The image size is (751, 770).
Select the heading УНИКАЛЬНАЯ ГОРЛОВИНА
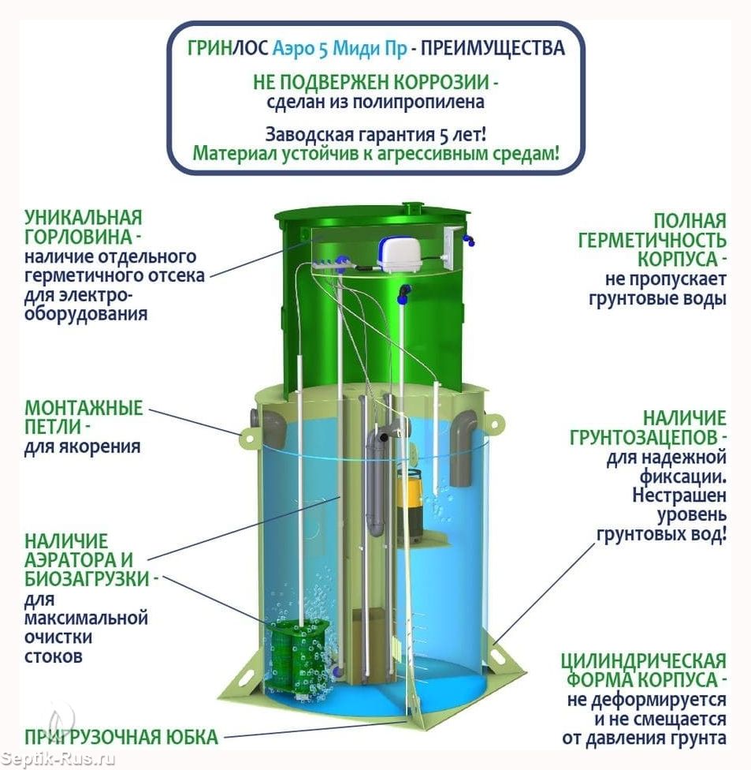(x=84, y=227)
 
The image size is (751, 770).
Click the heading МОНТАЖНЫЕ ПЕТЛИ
(x=84, y=417)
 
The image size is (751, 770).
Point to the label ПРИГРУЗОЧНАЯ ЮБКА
(x=121, y=737)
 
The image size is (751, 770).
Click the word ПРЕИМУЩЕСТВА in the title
(x=493, y=48)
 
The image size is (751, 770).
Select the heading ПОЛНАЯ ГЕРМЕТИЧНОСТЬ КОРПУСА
(x=652, y=240)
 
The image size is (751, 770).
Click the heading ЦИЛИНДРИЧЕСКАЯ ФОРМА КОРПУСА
(x=644, y=670)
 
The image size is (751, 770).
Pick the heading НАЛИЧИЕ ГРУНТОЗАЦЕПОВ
(x=649, y=428)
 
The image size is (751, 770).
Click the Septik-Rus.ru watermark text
(x=58, y=759)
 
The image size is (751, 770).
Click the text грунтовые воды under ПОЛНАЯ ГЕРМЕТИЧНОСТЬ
(x=657, y=298)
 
